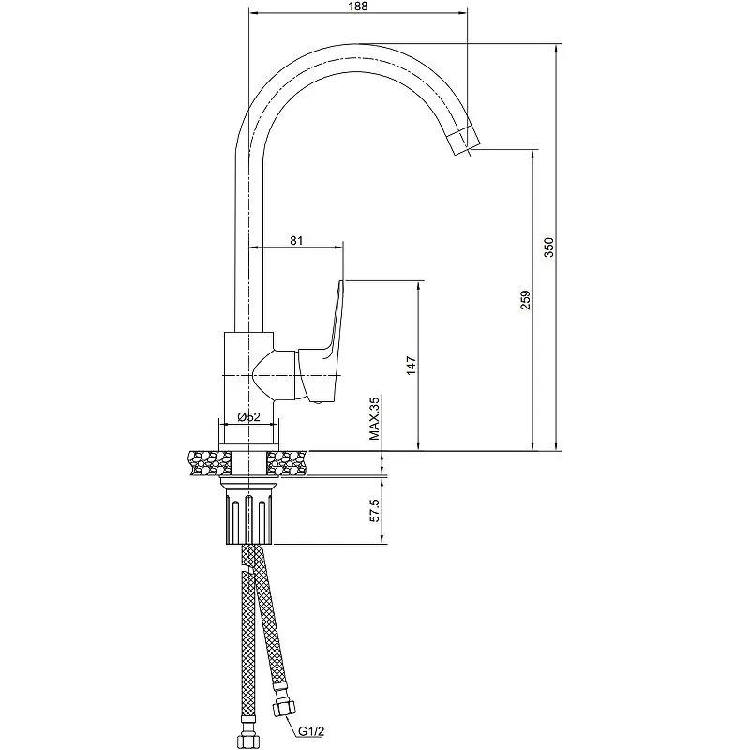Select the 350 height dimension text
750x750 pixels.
[549, 247]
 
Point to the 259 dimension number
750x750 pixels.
[526, 300]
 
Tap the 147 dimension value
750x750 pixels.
[412, 366]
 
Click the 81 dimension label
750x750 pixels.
[296, 240]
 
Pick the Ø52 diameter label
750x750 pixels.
[248, 416]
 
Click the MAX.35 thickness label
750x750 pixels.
[374, 418]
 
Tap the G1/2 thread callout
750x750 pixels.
[311, 732]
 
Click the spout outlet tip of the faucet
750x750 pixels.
[465, 143]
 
